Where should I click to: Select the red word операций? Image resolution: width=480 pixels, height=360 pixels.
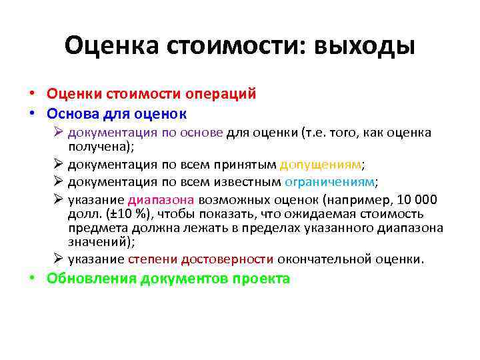pos(222,94)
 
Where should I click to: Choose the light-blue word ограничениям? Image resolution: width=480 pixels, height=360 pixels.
pos(330,182)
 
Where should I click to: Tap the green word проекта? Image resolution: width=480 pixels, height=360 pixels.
pos(261,279)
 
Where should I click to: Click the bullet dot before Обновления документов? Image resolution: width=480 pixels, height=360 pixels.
pos(33,279)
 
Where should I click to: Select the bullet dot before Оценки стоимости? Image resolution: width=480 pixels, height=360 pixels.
pos(33,95)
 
